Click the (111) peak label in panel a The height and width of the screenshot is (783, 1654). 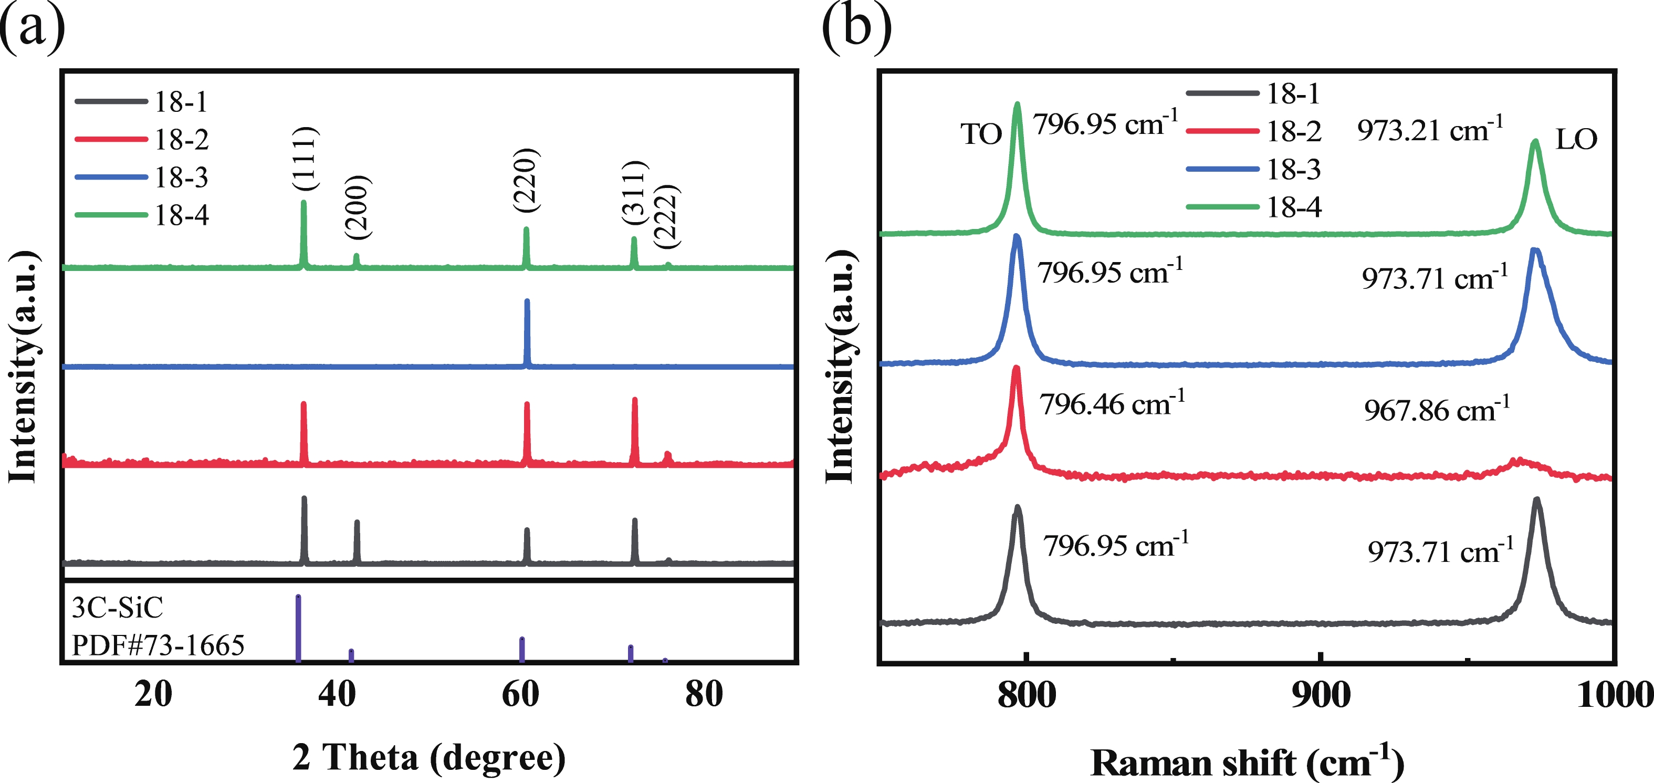(x=305, y=159)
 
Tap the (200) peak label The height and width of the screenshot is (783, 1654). (x=358, y=207)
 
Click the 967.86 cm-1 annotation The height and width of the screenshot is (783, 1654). (x=1436, y=410)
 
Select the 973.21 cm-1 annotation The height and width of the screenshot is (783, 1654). (x=1429, y=130)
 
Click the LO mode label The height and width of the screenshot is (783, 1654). (x=1576, y=139)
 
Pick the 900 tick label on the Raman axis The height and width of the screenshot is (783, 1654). (x=1320, y=695)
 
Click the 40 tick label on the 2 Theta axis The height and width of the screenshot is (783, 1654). (x=337, y=694)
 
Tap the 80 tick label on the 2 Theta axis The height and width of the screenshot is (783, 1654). (x=704, y=694)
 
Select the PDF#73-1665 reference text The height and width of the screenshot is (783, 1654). (x=158, y=645)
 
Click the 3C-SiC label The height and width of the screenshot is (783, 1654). (x=117, y=608)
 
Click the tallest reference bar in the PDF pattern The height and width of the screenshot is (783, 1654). (x=298, y=628)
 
